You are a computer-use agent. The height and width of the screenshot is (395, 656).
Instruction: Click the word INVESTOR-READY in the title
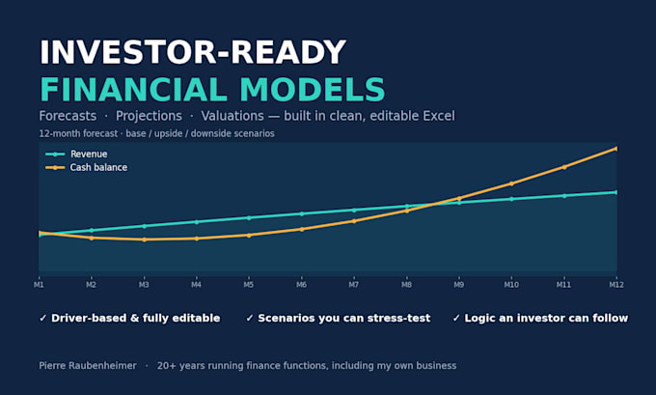point(192,52)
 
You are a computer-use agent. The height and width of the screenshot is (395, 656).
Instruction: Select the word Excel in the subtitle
point(439,116)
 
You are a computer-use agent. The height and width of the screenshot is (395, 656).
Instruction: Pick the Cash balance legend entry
point(86,167)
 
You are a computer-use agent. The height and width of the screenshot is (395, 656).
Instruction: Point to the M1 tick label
point(39,285)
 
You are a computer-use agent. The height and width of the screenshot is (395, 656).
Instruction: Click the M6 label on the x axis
point(301,285)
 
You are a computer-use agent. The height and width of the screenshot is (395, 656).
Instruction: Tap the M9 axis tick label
point(459,285)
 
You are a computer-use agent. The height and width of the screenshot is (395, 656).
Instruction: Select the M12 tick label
point(616,285)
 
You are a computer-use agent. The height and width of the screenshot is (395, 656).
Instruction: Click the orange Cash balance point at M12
point(615,149)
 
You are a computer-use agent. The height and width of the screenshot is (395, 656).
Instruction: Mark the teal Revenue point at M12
point(615,192)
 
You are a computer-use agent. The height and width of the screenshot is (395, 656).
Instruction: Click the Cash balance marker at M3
point(144,240)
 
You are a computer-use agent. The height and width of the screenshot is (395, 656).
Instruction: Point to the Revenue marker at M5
point(249,218)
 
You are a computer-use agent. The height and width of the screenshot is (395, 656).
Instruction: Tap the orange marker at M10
point(511,183)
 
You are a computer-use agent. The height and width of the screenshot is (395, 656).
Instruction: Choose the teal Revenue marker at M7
point(354,210)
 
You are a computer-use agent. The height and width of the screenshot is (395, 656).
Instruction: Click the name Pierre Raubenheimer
point(88,366)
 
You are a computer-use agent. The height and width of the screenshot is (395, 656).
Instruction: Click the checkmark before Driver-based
point(42,319)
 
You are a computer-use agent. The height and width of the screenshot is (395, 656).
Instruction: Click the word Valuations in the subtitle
point(232,116)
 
